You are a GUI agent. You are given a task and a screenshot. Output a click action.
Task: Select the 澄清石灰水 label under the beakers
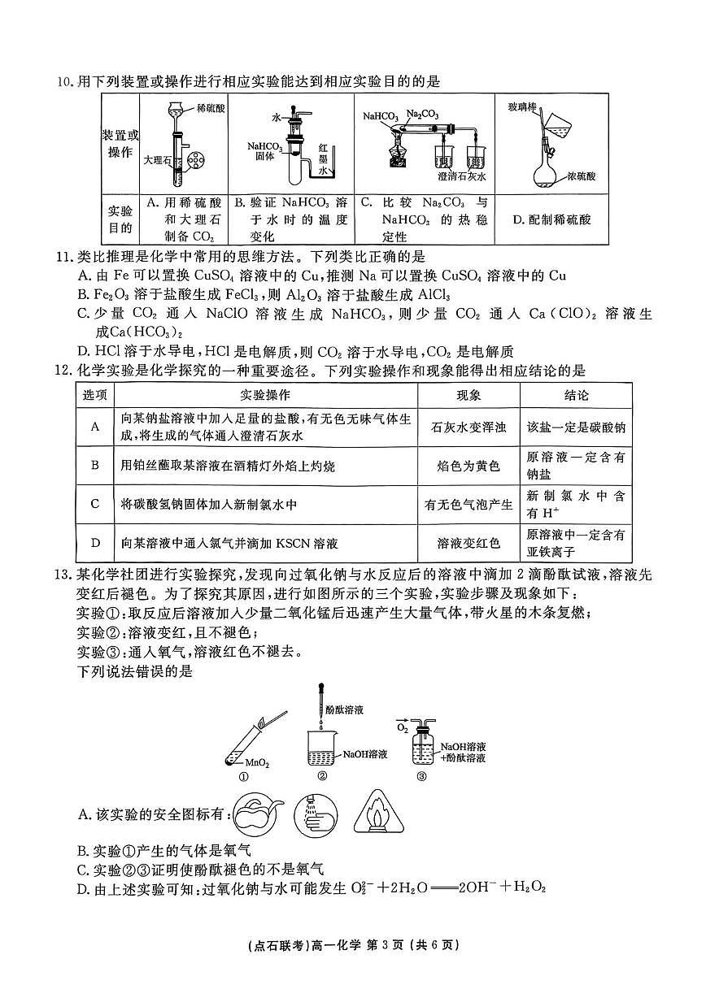coord(460,176)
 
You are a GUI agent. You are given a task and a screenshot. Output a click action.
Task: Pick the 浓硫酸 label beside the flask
coord(584,175)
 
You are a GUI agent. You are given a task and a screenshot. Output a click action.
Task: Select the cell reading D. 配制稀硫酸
coord(552,219)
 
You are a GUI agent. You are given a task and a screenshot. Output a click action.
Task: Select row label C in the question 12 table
coord(95,504)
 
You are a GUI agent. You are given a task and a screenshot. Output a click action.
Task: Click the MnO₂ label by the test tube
coord(257,763)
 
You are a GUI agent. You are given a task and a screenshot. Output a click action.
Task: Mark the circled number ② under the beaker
coord(322,775)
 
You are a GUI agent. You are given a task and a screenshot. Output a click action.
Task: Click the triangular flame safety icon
coord(386,814)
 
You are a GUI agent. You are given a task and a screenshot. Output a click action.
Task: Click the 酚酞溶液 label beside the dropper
coord(344,709)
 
